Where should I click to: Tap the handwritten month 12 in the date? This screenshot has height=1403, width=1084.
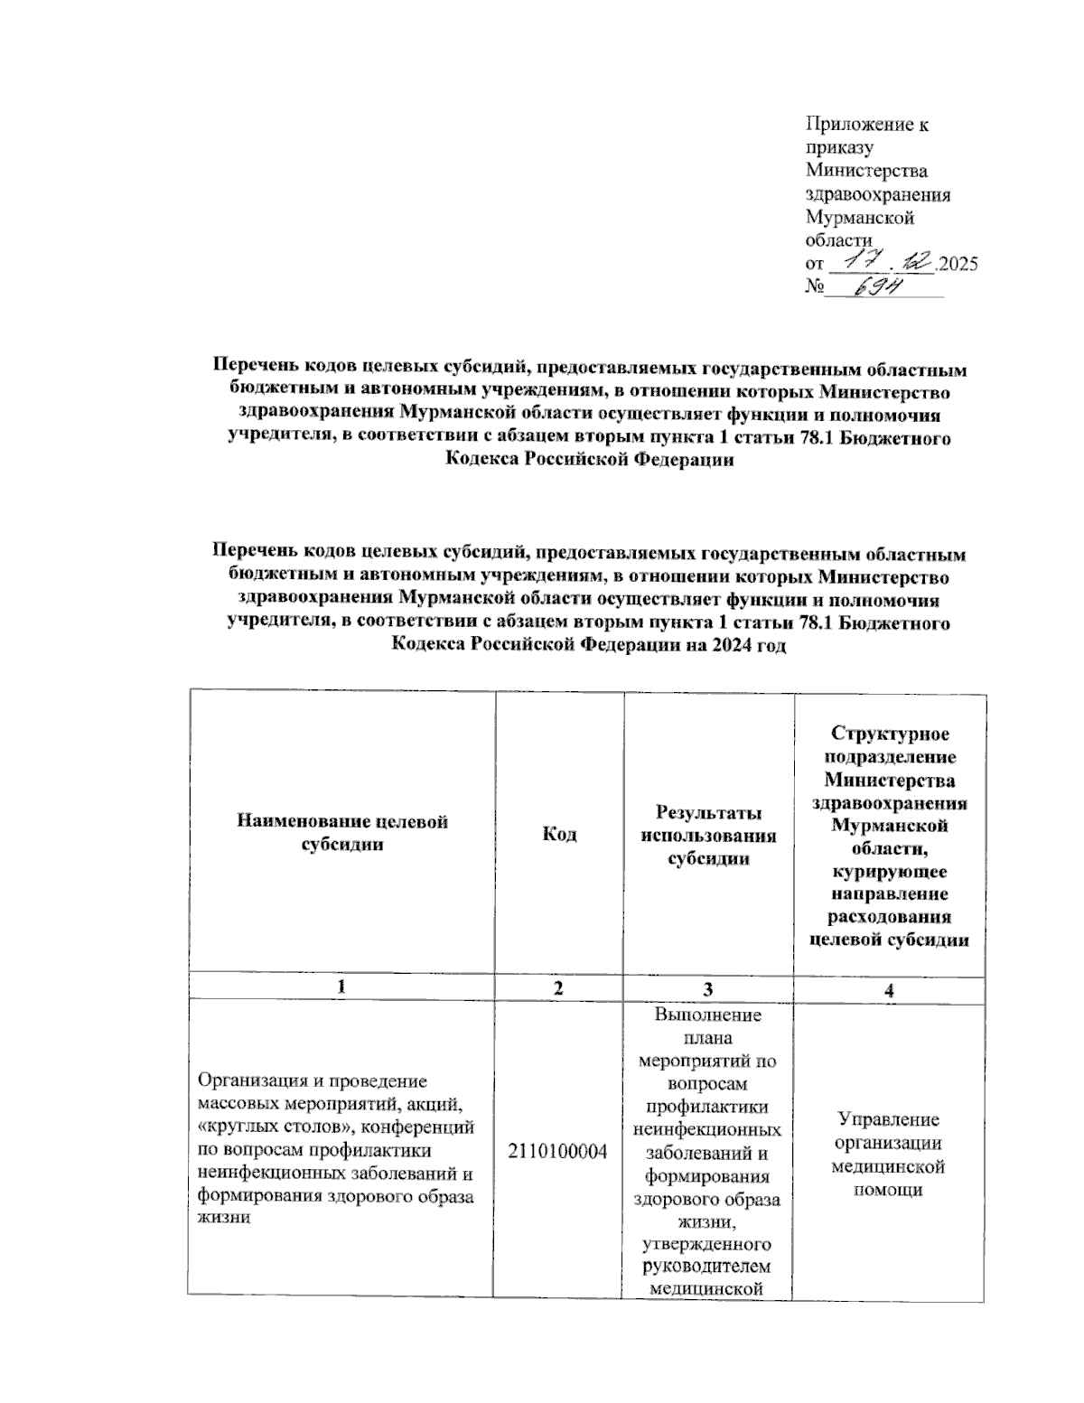coord(915,261)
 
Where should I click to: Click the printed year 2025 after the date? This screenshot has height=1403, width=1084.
coord(958,265)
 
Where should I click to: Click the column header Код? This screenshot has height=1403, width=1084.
coord(559,834)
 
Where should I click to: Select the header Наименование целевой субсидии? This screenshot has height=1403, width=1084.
coord(341,833)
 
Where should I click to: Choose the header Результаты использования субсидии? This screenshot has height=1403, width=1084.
coord(709,835)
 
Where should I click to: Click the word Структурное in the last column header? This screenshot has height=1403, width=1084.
coord(890,734)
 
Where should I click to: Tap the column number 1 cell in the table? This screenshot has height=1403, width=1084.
coord(341,988)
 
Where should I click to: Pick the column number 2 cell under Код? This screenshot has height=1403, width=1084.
coord(559,988)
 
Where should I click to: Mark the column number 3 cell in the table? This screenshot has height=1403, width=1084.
coord(709,988)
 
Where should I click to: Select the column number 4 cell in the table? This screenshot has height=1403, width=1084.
coord(890,990)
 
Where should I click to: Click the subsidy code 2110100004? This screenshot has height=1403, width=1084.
coord(557,1151)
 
